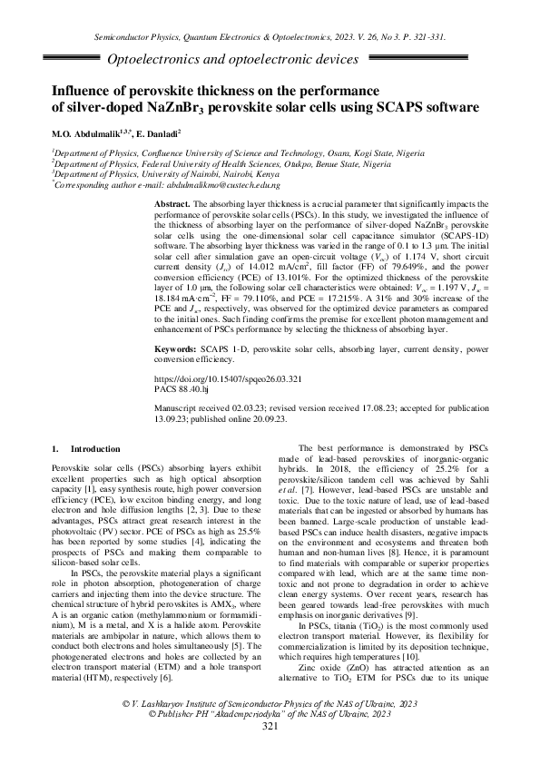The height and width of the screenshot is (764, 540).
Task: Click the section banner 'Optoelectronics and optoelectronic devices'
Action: point(232,60)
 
